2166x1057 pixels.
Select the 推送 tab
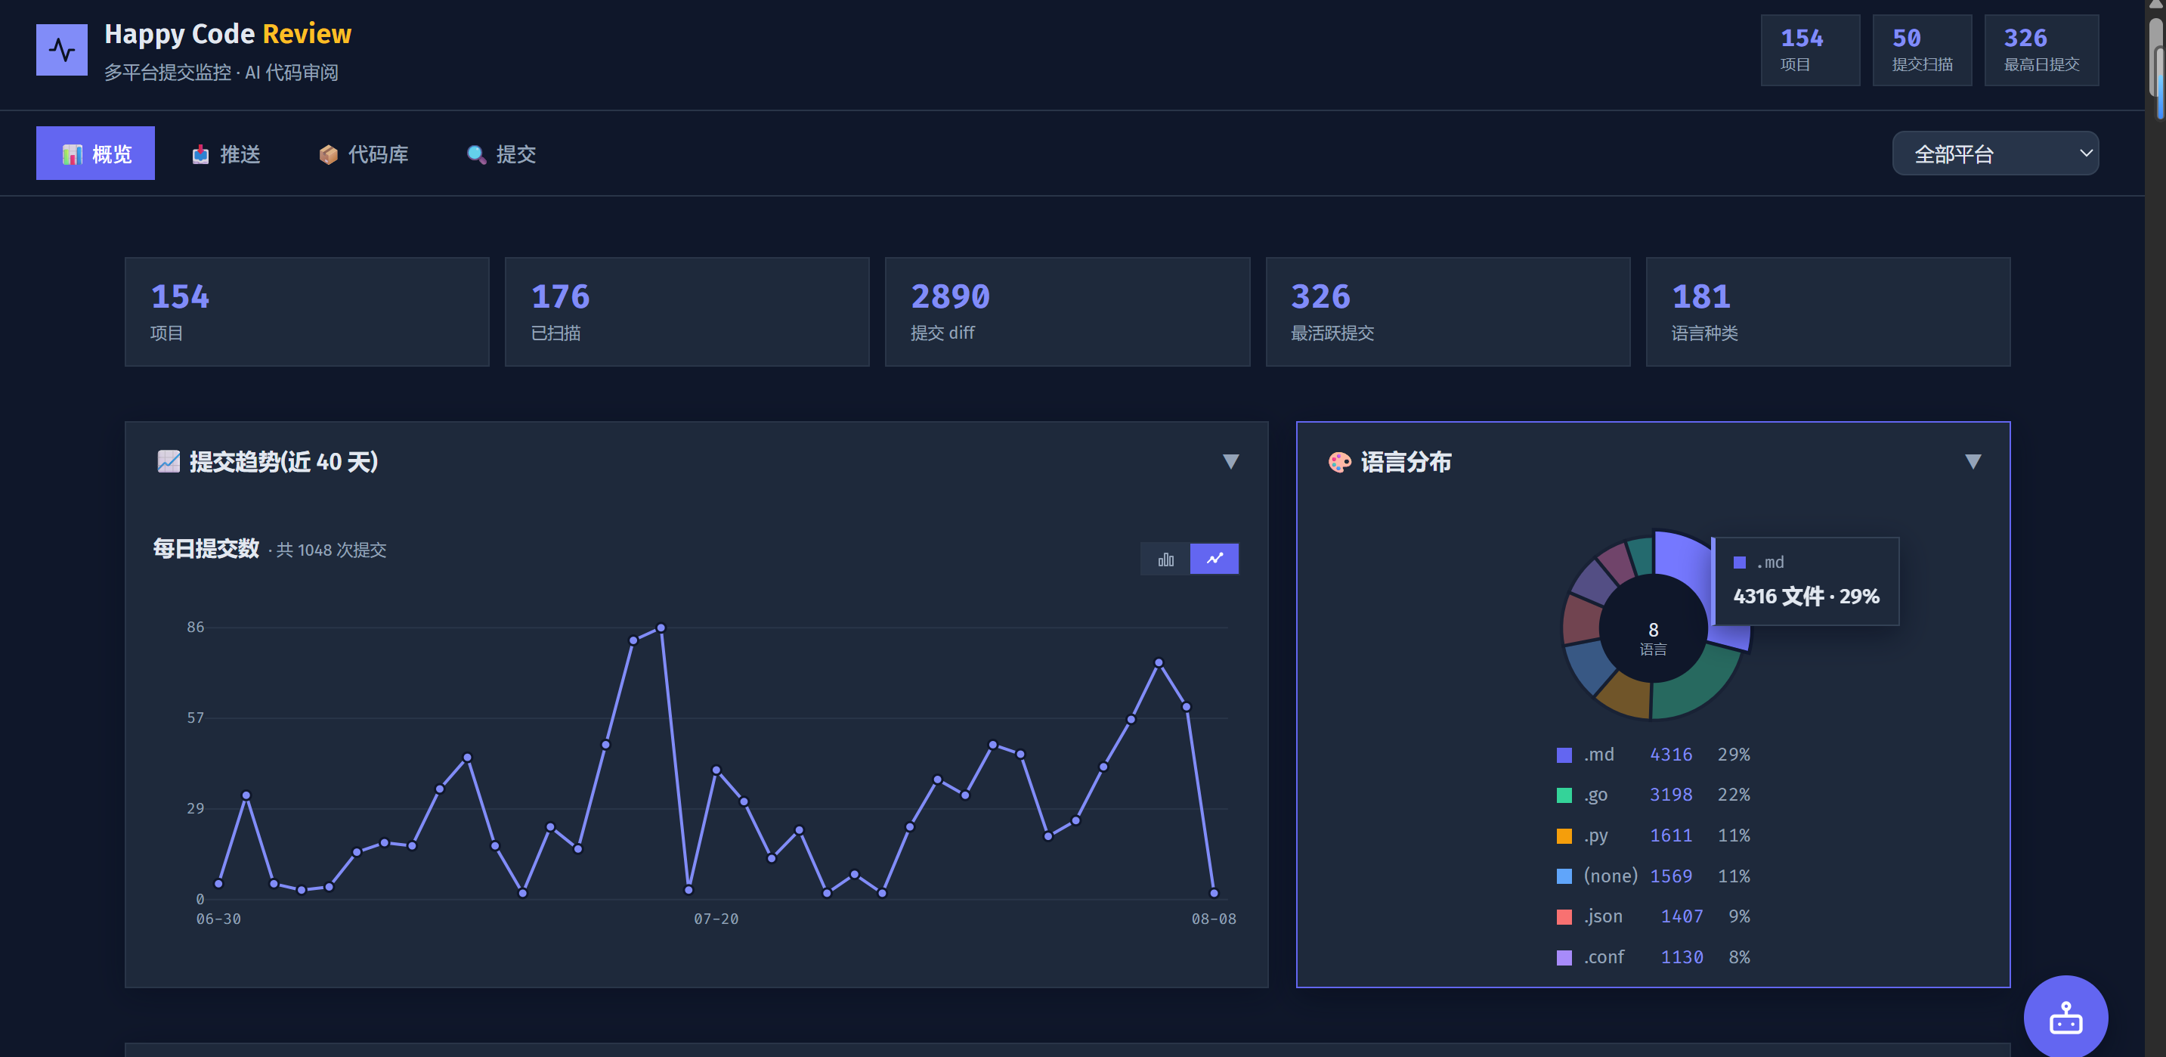pos(226,154)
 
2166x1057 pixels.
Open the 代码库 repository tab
pos(364,154)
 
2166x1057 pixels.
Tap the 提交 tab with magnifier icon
pos(501,154)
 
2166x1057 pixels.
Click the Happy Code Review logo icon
pos(61,50)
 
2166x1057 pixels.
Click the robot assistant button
pos(2065,1017)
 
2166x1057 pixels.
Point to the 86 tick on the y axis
pos(195,628)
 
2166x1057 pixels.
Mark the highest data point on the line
pos(661,628)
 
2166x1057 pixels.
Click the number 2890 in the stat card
pos(950,297)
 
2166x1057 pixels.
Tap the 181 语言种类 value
pos(1701,297)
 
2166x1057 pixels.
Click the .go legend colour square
pos(1564,795)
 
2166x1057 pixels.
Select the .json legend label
pos(1603,916)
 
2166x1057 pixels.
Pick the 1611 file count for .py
pos(1671,835)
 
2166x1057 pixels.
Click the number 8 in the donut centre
pos(1653,630)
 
